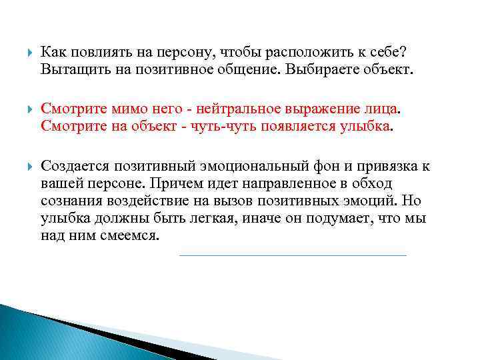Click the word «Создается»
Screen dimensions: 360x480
(x=75, y=165)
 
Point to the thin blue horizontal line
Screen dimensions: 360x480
(x=293, y=255)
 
